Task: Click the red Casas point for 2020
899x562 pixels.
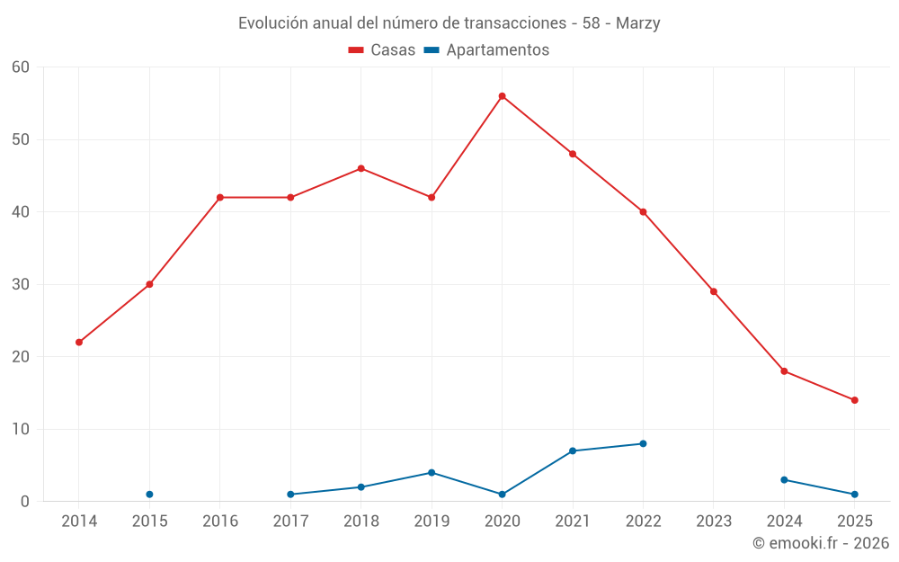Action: pos(502,96)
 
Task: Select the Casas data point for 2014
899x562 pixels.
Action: pos(79,343)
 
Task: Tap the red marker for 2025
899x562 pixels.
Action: pos(854,400)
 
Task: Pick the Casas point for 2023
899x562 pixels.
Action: pos(713,291)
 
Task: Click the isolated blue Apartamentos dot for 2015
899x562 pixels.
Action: pos(149,495)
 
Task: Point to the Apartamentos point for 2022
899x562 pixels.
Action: pos(643,443)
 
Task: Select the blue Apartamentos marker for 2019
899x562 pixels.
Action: pos(432,473)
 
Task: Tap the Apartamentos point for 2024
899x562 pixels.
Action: pos(784,480)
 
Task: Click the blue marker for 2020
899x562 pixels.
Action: pos(502,495)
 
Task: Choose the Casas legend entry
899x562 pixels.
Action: pos(382,50)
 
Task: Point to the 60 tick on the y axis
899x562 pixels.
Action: pos(21,67)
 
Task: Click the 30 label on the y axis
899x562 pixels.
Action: pos(21,284)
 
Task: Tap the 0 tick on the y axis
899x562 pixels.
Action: pos(25,502)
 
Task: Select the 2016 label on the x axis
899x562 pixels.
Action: pos(220,522)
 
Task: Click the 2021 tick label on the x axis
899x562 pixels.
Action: pos(572,522)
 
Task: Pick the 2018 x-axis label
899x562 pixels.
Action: pos(360,522)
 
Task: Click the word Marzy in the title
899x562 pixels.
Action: pos(637,23)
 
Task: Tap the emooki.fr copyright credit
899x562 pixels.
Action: pos(820,543)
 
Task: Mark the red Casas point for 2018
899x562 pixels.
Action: pos(360,168)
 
